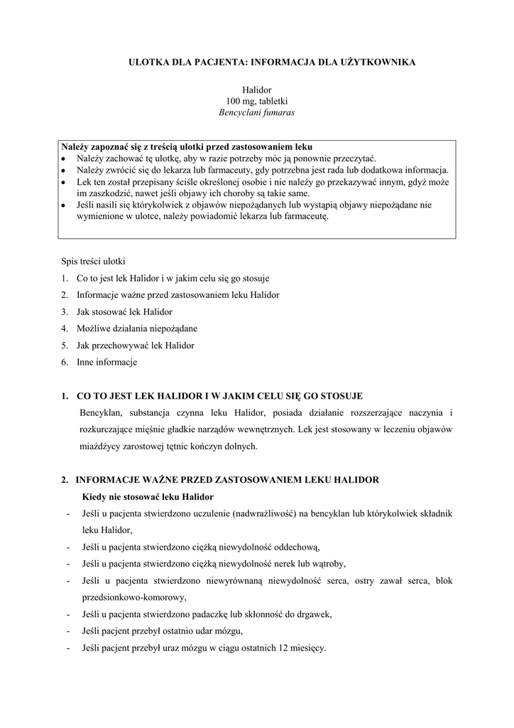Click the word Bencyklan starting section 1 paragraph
104,413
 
